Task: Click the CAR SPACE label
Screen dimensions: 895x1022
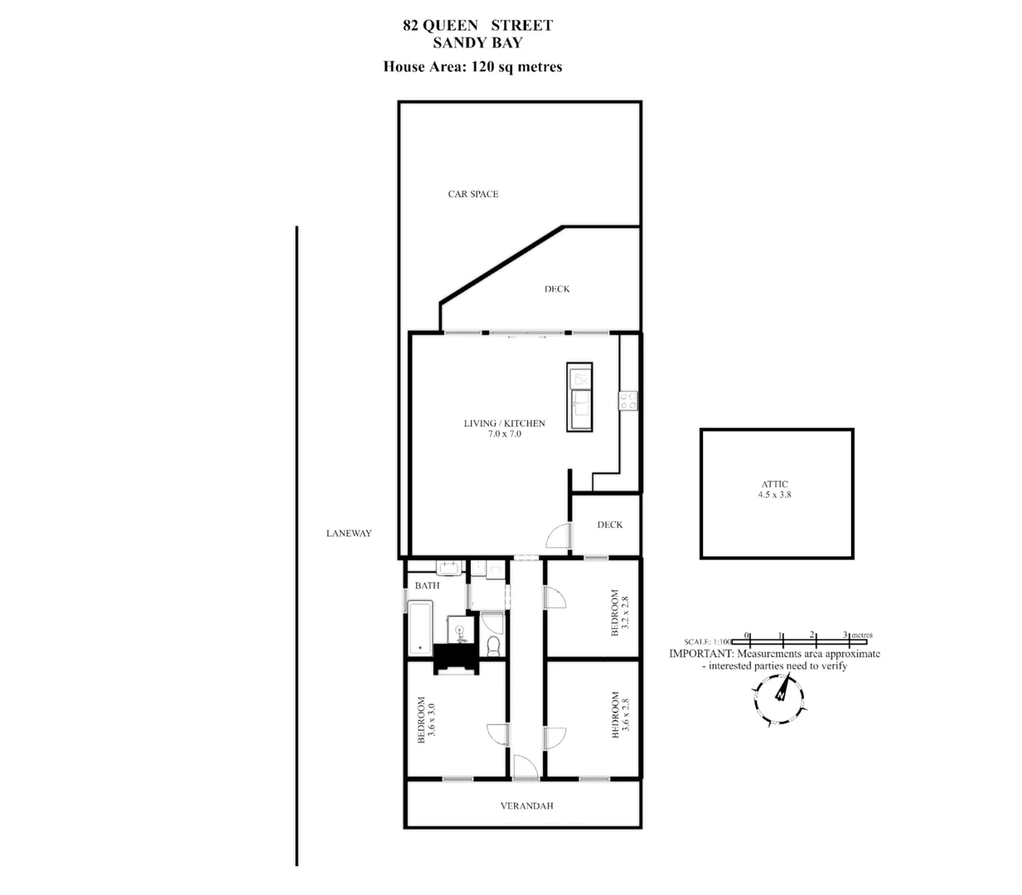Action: coord(472,194)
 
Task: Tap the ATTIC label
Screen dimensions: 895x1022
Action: coord(775,484)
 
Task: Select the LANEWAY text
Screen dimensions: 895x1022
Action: coord(348,533)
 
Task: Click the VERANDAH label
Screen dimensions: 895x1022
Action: coord(526,805)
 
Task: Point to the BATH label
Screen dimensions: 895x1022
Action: coord(427,585)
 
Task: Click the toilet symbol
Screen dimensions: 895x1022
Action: coord(493,644)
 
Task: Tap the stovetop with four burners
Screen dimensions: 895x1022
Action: coord(627,400)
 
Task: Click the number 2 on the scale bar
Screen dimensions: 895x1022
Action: coord(812,635)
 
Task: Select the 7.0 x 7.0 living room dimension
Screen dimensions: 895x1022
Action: coord(504,433)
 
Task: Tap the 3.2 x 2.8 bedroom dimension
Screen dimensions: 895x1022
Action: coord(626,612)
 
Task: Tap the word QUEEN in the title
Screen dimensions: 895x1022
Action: coord(449,25)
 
